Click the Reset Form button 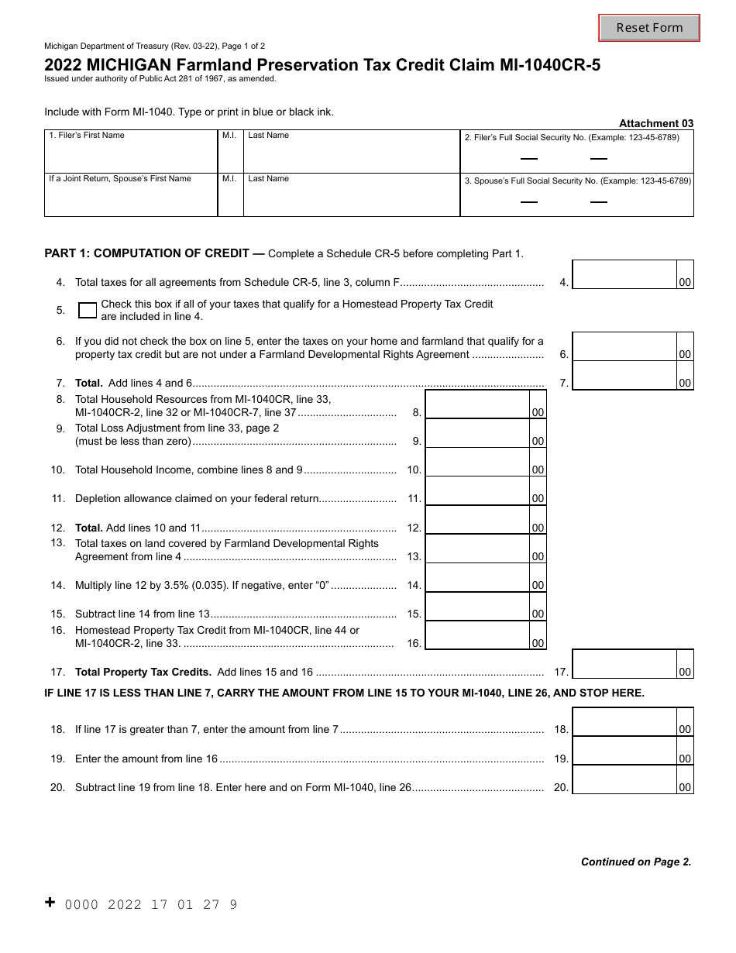(x=649, y=28)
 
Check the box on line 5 (x=88, y=310)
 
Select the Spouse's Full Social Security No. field (x=576, y=200)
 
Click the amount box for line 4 (x=624, y=274)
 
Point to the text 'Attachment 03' (x=655, y=123)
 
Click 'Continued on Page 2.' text (x=635, y=862)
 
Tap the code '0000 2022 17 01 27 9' (x=151, y=904)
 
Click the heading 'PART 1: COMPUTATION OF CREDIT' (x=146, y=253)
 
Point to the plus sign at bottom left (x=50, y=903)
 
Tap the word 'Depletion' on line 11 (x=98, y=498)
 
